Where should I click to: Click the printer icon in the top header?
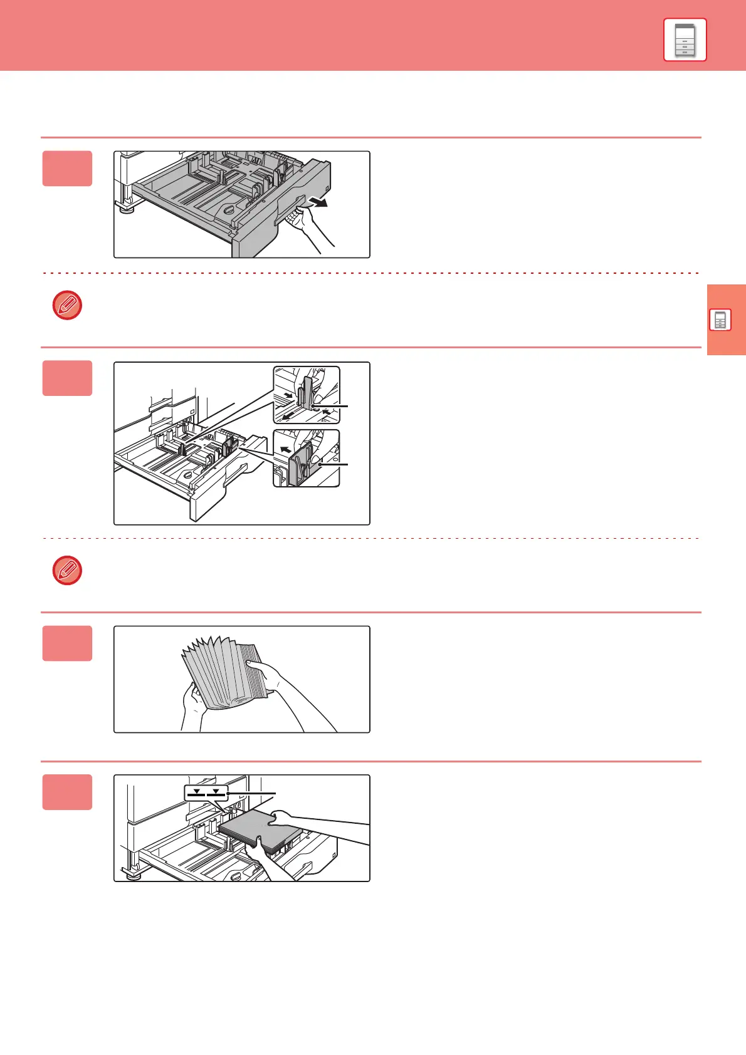tap(685, 39)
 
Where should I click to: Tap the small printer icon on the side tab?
tap(720, 320)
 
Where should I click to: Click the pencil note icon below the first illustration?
tap(67, 306)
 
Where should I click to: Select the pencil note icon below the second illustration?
tap(67, 570)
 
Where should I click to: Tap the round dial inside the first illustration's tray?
tap(229, 210)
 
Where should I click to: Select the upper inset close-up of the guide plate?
tap(307, 395)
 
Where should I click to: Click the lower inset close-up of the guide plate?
tap(307, 458)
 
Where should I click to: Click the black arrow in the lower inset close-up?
tap(286, 449)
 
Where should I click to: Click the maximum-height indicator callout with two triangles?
tap(206, 794)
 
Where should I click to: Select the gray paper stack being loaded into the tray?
tap(260, 831)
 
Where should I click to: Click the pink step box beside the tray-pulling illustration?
tap(67, 169)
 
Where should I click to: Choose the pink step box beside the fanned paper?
tap(67, 643)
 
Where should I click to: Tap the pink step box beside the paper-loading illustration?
tap(67, 793)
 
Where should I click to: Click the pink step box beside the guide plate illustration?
tap(67, 378)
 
